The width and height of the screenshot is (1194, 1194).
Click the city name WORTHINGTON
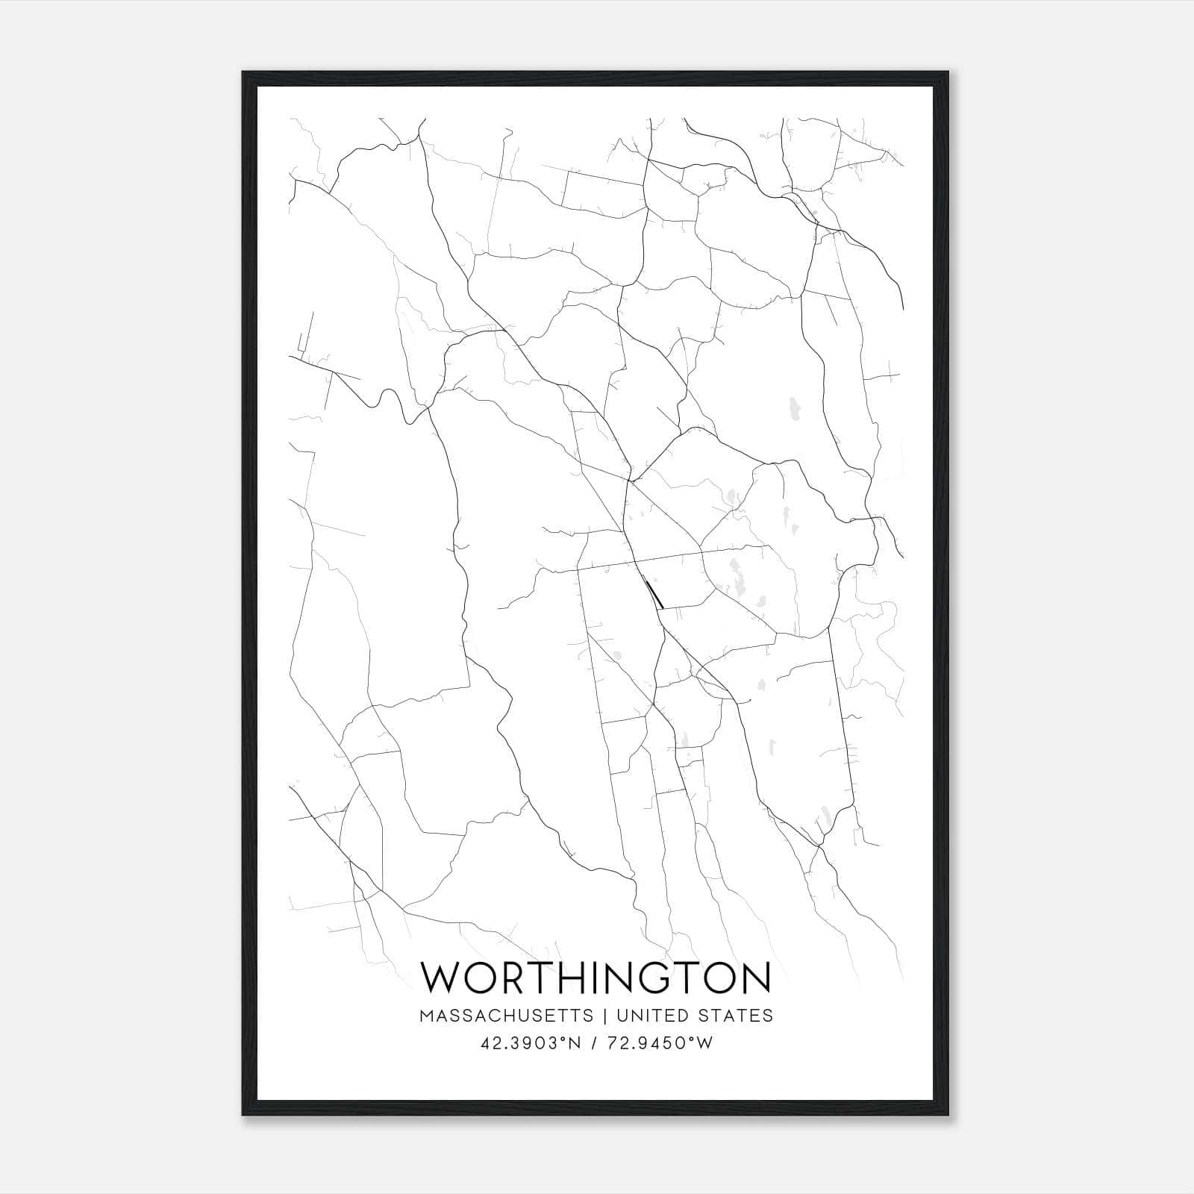pos(596,978)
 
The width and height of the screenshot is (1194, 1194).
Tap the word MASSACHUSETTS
pos(507,1016)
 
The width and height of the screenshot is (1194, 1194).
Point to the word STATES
pos(735,1016)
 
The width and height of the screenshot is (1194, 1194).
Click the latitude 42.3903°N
pos(531,1043)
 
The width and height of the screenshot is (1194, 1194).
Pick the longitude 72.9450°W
pos(658,1043)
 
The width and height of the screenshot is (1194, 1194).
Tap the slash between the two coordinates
pos(592,1043)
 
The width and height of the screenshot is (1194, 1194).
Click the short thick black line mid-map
pos(654,593)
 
